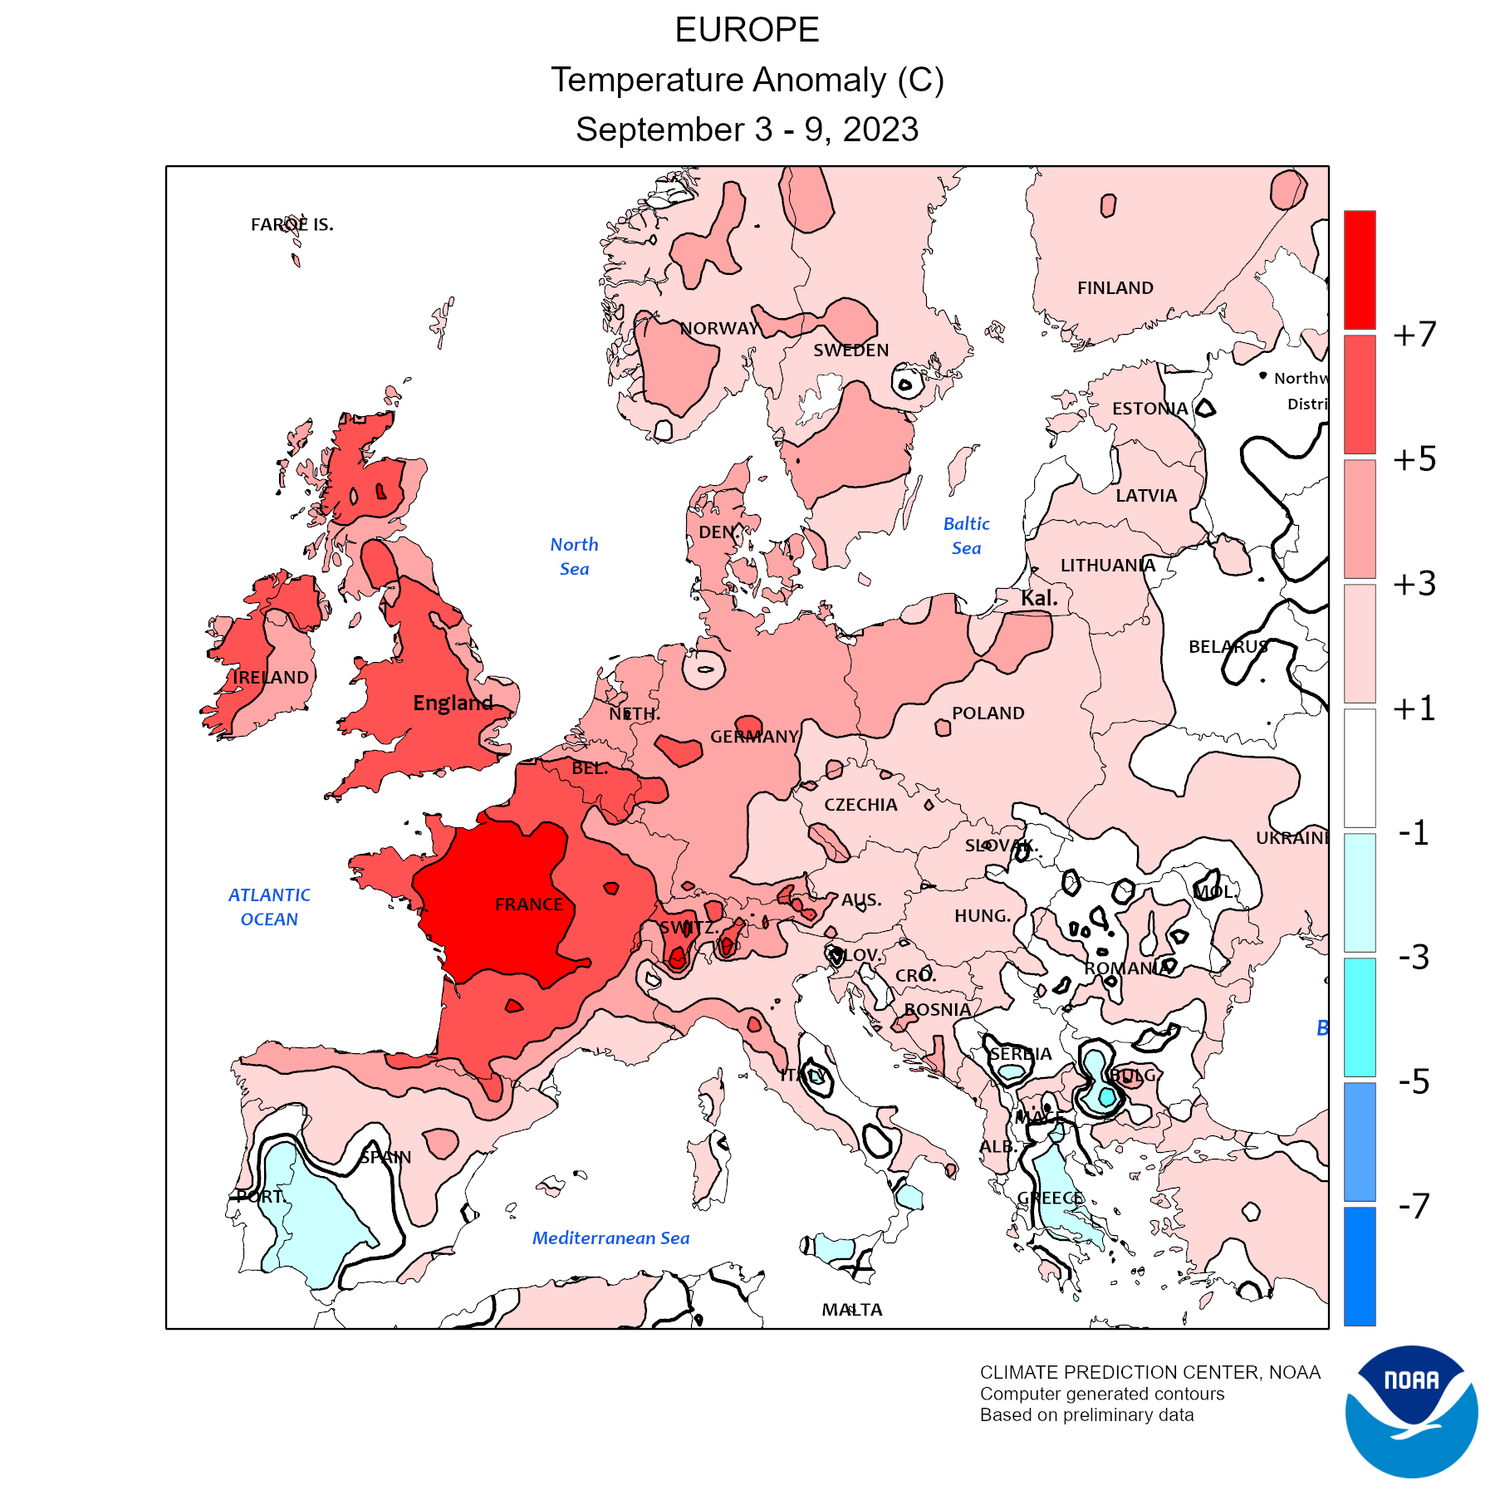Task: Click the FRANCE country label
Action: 529,904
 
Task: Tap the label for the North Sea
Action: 574,556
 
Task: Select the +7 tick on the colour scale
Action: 1414,335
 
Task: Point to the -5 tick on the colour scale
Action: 1414,1082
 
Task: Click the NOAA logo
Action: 1411,1411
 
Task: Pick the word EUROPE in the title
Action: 747,31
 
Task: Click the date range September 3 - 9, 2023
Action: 747,130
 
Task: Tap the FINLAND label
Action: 1115,288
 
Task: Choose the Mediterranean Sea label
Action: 610,1238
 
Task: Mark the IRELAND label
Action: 271,678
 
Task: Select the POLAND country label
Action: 988,713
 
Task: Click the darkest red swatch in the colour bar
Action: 1360,270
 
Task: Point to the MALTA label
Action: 852,1310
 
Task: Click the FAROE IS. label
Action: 292,225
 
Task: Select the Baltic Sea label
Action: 966,536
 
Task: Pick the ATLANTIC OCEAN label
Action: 269,907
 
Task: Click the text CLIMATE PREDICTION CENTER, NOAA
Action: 1149,1373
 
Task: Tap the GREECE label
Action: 1050,1198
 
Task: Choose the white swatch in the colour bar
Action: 1360,767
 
